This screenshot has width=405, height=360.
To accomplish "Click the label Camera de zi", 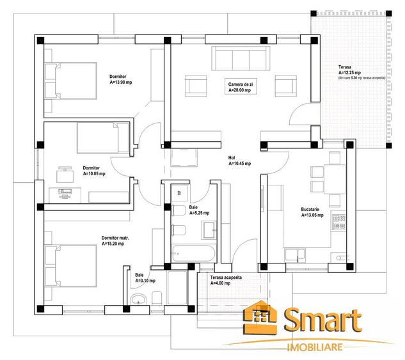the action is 240,84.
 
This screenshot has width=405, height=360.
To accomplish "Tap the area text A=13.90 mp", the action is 121,82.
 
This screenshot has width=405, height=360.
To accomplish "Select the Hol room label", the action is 232,158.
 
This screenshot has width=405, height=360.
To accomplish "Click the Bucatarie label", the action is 310,209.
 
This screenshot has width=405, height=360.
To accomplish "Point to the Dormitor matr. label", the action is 115,238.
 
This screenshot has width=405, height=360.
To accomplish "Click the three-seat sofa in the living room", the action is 241,58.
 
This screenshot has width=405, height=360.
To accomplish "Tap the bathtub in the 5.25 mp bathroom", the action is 193,253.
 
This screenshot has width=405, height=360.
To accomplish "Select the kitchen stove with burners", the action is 339,223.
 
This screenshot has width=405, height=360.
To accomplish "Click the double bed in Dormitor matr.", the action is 70,266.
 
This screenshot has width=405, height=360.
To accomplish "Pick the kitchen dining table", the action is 335,179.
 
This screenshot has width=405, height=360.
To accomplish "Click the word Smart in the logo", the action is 323,320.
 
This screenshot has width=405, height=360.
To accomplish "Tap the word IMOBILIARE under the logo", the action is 315,347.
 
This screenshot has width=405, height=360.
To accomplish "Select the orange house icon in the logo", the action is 260,317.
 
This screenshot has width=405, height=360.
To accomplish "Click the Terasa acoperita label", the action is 226,278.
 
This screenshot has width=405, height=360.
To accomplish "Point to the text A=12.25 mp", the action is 349,73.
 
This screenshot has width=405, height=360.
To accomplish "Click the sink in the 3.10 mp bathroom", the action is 138,300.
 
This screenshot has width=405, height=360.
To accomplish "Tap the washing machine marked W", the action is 180,192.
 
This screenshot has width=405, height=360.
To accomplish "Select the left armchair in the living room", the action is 196,86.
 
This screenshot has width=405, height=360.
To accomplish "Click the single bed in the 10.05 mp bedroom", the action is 103,138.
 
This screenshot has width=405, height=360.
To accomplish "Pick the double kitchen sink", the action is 295,254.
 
